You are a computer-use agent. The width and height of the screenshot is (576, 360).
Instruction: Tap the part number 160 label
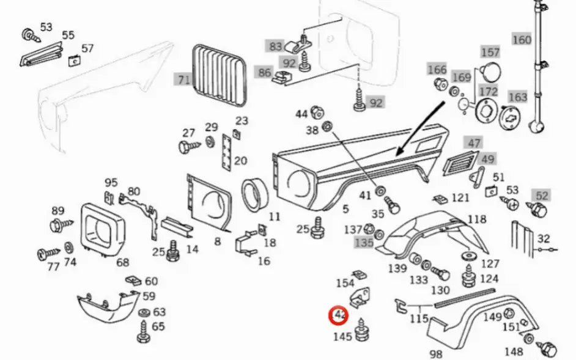pos(522,40)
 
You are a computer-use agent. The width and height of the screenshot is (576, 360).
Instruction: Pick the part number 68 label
pos(123,262)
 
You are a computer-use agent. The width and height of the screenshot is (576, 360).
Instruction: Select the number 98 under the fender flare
pos(436,354)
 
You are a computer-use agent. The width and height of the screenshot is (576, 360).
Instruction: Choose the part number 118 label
pos(476,219)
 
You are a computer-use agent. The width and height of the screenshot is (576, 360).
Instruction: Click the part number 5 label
pos(345,209)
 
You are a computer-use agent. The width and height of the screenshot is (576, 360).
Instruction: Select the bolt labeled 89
pos(56,226)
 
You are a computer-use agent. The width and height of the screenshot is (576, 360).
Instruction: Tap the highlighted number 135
pos(363,242)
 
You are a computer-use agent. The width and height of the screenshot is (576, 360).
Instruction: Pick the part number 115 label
pos(418,318)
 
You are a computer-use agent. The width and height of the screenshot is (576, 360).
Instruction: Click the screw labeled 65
pos(145,334)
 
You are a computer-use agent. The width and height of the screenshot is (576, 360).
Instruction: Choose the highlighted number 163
pos(517,97)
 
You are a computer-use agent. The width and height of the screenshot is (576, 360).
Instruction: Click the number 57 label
pos(87,48)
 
